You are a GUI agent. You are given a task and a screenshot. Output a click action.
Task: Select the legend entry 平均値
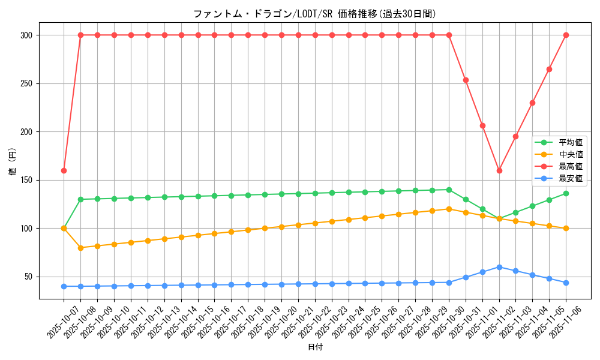(571, 143)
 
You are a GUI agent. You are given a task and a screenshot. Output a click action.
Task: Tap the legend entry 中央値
(571, 155)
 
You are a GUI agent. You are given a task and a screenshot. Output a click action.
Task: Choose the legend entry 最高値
(571, 166)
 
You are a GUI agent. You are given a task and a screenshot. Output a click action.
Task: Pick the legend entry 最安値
(571, 178)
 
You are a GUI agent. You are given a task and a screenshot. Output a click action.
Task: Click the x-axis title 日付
(315, 347)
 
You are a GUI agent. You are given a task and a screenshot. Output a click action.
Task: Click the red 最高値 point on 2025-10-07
(64, 170)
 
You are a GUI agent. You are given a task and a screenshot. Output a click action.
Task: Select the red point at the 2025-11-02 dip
(499, 170)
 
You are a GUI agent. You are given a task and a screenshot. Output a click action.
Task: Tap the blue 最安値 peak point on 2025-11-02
(499, 267)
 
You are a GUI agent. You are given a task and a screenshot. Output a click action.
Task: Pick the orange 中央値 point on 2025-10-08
(80, 248)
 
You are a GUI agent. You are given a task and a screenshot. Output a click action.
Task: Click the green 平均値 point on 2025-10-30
(449, 190)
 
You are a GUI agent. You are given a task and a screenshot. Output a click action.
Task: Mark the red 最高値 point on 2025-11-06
(566, 35)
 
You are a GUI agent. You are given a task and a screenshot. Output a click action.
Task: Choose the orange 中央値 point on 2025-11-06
(566, 229)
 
